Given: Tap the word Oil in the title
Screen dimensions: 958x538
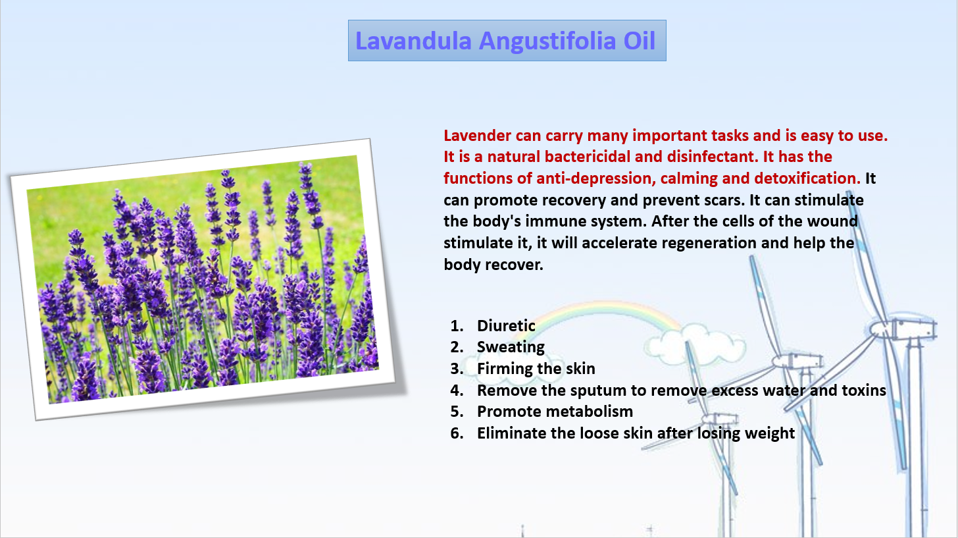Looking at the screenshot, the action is pos(640,41).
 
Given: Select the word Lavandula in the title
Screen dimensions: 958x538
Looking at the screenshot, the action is pos(414,41).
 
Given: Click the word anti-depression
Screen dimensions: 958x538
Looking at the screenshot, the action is pos(596,178).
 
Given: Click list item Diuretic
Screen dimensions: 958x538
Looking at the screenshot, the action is pos(506,326).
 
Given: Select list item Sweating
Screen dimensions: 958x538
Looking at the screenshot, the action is pos(511,347).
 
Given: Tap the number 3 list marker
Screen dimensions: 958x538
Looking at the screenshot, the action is pos(457,369).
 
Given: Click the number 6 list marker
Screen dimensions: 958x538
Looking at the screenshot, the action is pos(457,433).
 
